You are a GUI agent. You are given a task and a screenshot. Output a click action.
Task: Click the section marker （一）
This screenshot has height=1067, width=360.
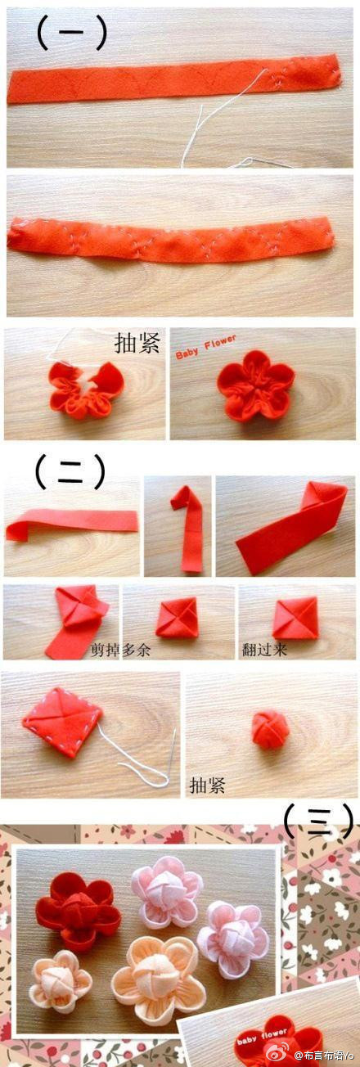pyautogui.click(x=71, y=34)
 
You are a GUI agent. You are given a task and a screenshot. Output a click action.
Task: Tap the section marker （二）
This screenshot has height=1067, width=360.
pyautogui.click(x=70, y=471)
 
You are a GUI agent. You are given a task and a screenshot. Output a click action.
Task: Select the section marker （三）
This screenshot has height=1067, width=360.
pyautogui.click(x=318, y=822)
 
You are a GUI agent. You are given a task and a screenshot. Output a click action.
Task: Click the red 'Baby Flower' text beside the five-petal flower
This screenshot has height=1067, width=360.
pyautogui.click(x=205, y=347)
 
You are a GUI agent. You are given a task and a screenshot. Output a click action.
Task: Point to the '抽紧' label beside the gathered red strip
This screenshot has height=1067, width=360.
pyautogui.click(x=137, y=343)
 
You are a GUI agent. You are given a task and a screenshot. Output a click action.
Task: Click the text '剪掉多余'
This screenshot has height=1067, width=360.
pyautogui.click(x=120, y=650)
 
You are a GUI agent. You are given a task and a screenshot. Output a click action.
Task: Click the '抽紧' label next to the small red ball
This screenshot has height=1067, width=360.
pyautogui.click(x=208, y=784)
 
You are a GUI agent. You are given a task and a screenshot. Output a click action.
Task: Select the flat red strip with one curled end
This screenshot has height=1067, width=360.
pyautogui.click(x=72, y=524)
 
